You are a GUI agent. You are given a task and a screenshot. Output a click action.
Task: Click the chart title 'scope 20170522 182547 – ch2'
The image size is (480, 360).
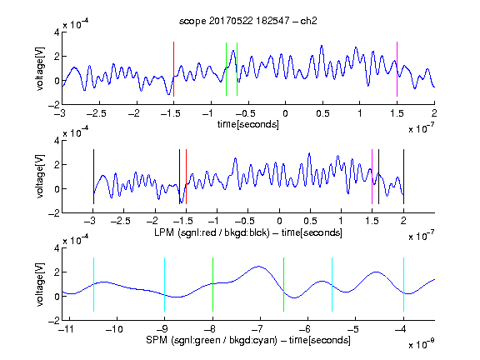(248, 21)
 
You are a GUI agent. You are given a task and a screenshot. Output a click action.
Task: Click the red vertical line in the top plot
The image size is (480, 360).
(173, 69)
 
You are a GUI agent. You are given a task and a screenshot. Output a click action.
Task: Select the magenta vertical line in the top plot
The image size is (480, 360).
(397, 69)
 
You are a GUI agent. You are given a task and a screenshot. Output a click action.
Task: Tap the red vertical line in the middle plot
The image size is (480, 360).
(186, 177)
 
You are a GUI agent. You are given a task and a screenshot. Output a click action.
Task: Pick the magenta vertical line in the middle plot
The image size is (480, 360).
(372, 177)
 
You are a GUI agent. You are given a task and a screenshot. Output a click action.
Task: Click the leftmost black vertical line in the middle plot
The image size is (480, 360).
(93, 177)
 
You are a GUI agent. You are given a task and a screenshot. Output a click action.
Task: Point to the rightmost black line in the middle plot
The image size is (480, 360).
(403, 177)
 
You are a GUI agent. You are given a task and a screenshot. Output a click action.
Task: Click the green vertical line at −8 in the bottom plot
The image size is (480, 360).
(212, 285)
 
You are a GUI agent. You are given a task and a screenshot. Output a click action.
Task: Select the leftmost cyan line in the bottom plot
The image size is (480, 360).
(93, 285)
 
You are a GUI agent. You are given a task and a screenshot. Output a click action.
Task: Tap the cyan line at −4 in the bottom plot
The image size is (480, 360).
(403, 285)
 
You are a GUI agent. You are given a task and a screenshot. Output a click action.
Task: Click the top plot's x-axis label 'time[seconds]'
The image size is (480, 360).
(248, 124)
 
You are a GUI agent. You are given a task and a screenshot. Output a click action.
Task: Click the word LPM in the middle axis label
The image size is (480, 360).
(164, 232)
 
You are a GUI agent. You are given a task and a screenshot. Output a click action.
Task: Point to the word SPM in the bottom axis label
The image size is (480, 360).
(157, 340)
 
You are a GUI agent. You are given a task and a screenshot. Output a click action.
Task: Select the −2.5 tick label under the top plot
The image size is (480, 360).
(96, 113)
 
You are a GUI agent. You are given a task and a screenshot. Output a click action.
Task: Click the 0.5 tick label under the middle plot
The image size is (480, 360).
(310, 221)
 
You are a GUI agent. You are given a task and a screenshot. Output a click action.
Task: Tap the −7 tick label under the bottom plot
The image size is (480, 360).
(257, 329)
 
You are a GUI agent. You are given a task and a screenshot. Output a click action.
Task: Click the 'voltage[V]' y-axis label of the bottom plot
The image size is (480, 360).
(40, 284)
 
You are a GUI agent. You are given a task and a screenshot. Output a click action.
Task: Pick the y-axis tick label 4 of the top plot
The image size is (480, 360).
(57, 32)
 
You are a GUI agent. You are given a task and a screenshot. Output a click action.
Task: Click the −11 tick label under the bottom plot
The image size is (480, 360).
(66, 329)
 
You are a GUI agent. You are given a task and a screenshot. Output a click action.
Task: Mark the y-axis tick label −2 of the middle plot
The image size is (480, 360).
(54, 213)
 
